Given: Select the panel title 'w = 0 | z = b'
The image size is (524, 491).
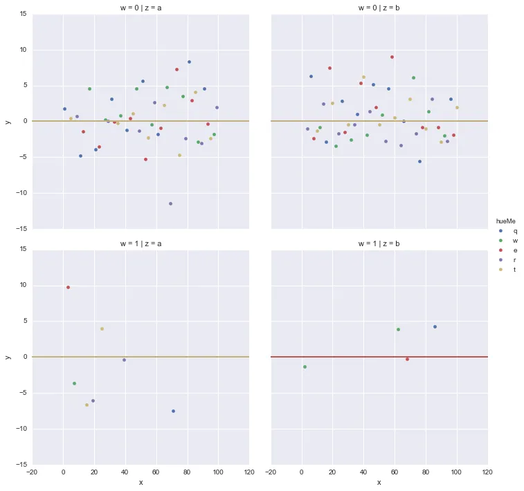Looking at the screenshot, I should (379, 7).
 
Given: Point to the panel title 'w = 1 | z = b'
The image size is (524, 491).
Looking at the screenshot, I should (379, 243).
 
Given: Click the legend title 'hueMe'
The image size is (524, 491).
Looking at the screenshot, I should (506, 221).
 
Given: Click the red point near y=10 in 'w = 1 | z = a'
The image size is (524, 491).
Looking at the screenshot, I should (68, 287).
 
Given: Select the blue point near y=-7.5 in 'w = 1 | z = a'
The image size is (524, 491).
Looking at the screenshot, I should (173, 411).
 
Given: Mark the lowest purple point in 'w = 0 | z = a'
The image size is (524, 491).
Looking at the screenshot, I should (170, 203).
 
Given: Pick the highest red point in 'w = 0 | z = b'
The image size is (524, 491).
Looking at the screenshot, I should (392, 57).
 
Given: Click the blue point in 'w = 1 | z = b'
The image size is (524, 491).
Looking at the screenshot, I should (435, 326).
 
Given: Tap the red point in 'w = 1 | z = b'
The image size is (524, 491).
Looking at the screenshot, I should (407, 359).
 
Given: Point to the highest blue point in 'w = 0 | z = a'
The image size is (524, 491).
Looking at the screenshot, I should (189, 62).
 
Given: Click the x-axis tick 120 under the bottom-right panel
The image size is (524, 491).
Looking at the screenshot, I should (487, 473).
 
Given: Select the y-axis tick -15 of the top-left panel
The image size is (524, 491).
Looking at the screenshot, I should (22, 228).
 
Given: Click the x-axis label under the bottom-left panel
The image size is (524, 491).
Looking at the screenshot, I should (141, 483).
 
